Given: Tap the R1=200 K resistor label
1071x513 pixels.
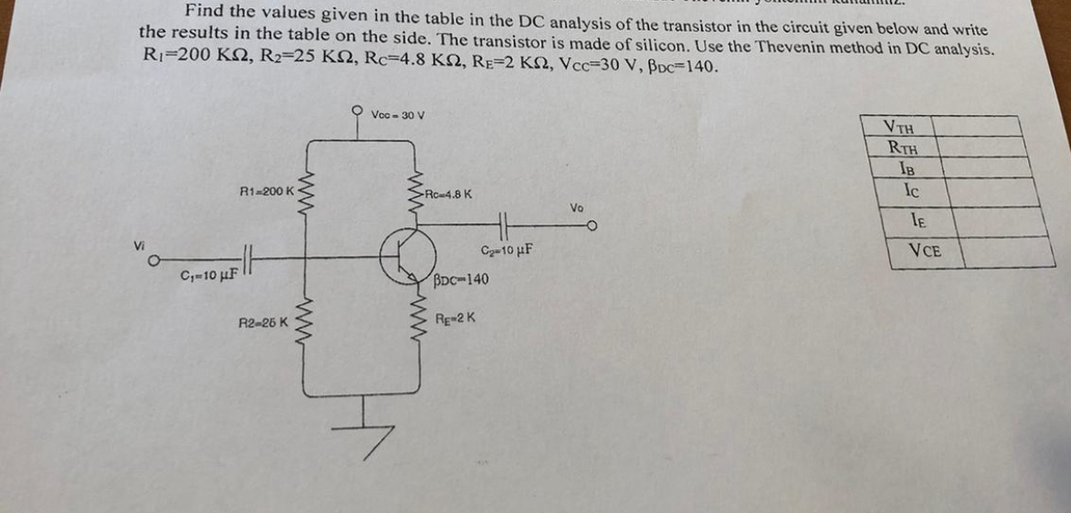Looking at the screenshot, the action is click(266, 192).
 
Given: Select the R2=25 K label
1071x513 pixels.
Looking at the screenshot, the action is click(263, 322).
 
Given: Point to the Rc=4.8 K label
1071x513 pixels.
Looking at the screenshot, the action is click(448, 194).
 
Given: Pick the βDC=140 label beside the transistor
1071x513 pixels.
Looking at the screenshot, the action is click(461, 278).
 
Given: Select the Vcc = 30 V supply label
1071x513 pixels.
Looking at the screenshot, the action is click(398, 115).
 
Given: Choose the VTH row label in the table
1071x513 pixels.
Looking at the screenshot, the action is click(903, 128).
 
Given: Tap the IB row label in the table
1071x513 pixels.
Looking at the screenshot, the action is click(907, 167).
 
